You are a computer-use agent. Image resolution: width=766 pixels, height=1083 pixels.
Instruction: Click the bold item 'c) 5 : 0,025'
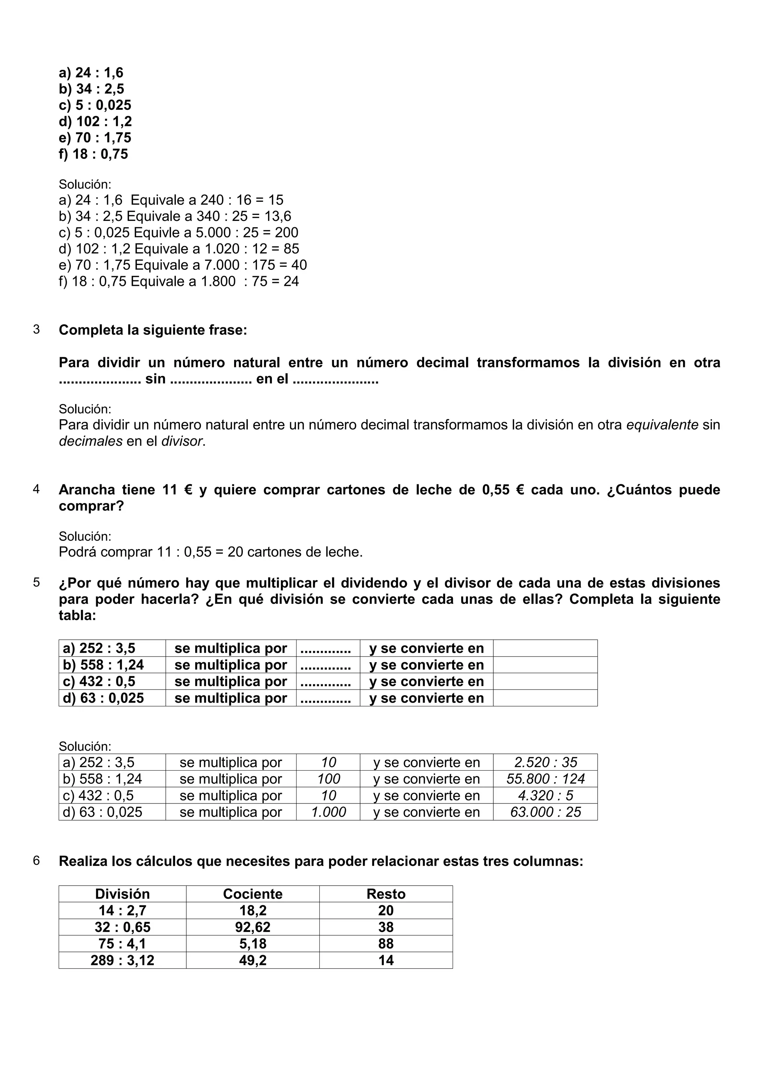(x=95, y=105)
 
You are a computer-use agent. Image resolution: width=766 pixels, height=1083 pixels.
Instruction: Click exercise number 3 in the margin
(x=36, y=329)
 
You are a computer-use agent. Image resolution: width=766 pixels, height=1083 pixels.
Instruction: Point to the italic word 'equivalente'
(x=662, y=425)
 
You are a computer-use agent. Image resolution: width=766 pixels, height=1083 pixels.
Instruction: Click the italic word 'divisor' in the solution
(x=182, y=441)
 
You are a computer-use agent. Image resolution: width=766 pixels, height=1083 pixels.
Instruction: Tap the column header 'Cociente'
(x=252, y=894)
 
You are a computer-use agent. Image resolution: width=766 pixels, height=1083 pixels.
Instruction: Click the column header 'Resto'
(x=386, y=894)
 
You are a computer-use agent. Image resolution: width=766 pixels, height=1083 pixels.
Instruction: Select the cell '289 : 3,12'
(x=122, y=960)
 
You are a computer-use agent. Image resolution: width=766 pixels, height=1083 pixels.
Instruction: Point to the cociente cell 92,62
(x=252, y=927)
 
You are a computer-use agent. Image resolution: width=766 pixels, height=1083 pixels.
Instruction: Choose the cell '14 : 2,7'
(x=122, y=910)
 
